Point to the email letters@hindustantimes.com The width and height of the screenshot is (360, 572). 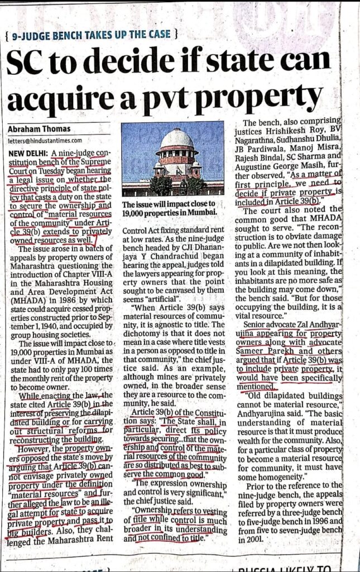(x=45, y=141)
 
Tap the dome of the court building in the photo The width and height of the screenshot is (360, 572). (x=176, y=139)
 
